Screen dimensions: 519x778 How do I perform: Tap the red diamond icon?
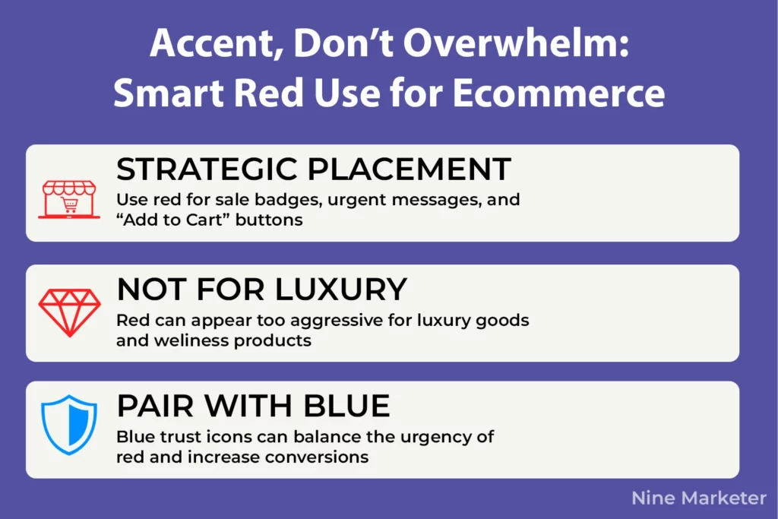pos(69,312)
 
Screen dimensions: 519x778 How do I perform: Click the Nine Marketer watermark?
pos(699,498)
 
